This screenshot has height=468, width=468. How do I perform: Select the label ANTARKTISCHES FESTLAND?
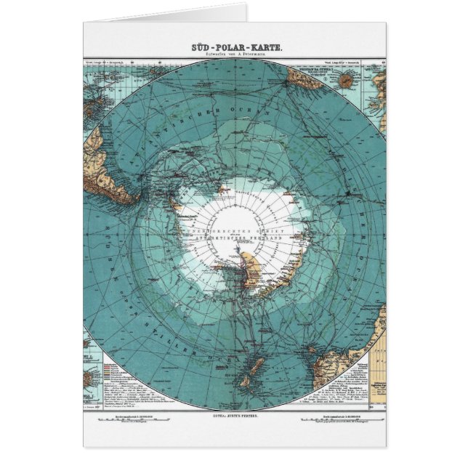[x=234, y=238]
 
